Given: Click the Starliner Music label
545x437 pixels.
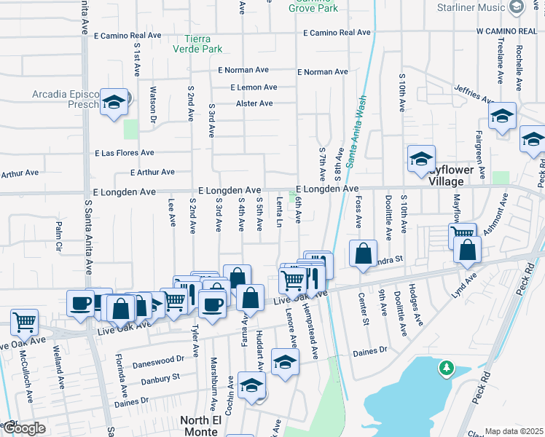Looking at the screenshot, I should point(481,7).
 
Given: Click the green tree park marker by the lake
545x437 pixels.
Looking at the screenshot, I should point(446,369).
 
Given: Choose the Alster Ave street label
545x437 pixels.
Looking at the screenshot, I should point(254,103).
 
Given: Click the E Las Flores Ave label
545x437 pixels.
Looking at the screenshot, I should point(125,153).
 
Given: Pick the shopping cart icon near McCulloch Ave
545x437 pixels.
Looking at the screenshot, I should point(25,320).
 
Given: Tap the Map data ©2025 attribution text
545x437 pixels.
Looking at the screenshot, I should point(514,431).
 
